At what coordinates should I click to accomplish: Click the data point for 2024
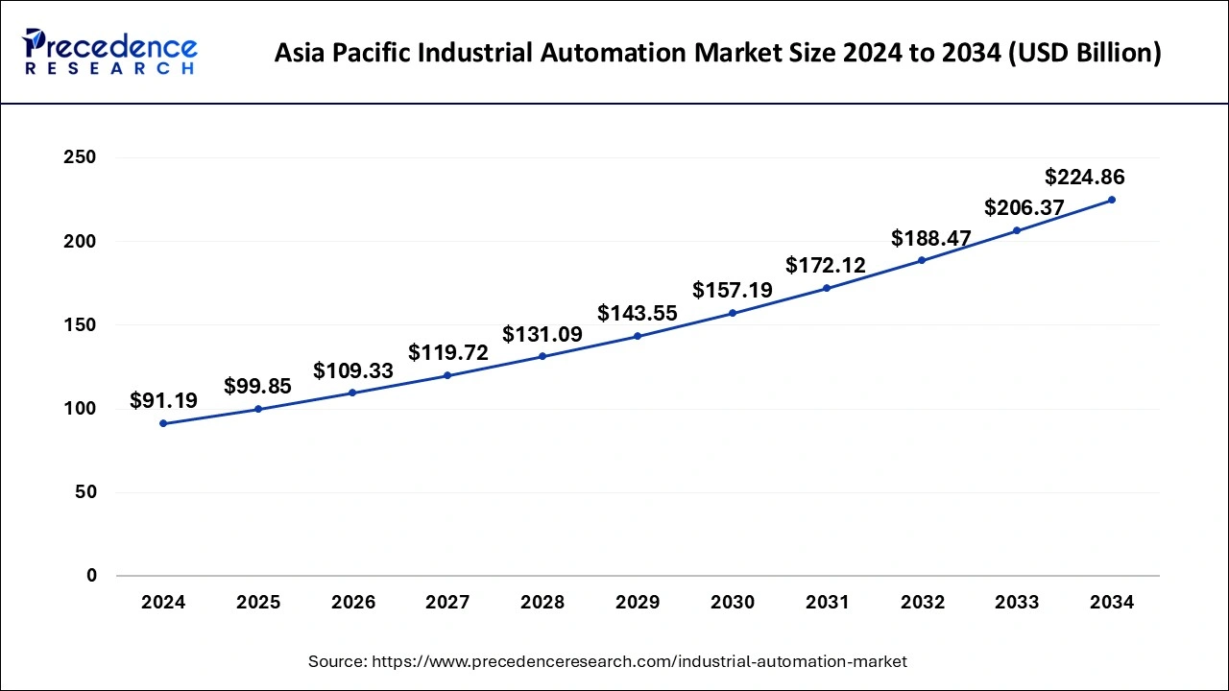[163, 423]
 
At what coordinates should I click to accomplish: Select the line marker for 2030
[733, 313]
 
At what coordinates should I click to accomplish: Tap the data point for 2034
[1112, 200]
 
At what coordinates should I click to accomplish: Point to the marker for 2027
[447, 375]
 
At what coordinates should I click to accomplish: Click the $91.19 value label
[163, 400]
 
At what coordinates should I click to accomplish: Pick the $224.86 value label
[1084, 177]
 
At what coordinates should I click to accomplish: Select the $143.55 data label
[638, 313]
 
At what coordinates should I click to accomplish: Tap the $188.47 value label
[930, 237]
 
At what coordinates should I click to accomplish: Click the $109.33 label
[353, 370]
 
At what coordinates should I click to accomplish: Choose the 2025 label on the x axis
[258, 603]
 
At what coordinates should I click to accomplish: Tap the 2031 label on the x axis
[827, 603]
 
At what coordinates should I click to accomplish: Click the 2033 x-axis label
[1017, 603]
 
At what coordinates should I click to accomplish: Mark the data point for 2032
[922, 260]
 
